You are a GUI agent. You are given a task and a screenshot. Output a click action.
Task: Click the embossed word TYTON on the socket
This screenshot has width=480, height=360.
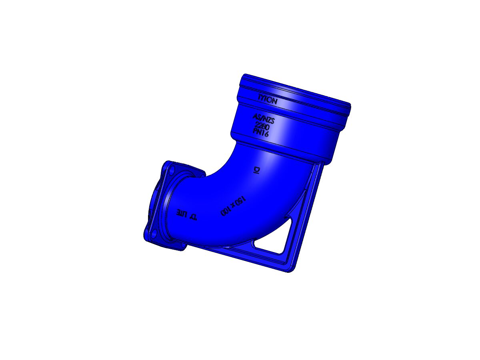tap(267, 100)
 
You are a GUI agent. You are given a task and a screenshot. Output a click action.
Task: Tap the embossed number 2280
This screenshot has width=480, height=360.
tap(262, 126)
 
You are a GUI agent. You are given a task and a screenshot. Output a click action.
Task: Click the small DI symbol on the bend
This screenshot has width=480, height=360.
tap(256, 170)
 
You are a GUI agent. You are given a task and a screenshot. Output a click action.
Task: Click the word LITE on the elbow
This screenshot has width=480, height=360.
tap(182, 213)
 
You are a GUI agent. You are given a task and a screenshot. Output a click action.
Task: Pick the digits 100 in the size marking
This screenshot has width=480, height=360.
tap(226, 211)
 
